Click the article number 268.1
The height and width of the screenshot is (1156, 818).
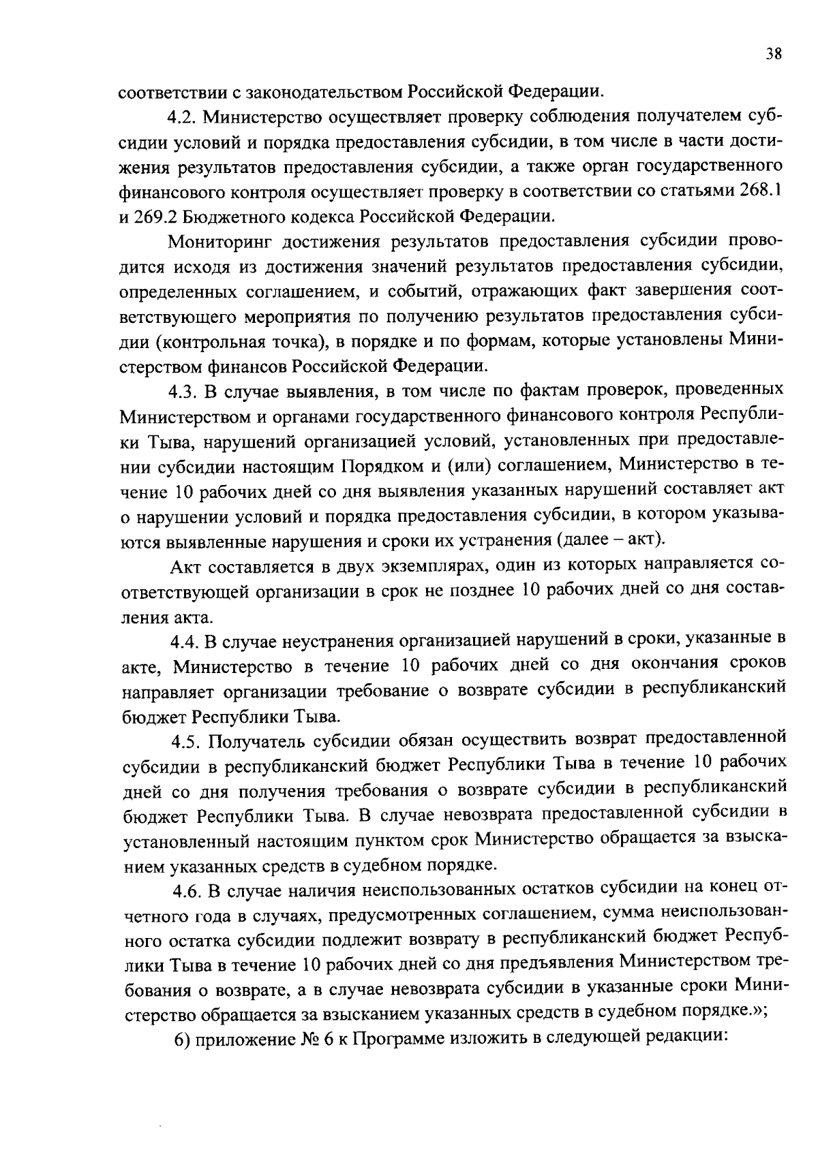click(758, 191)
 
